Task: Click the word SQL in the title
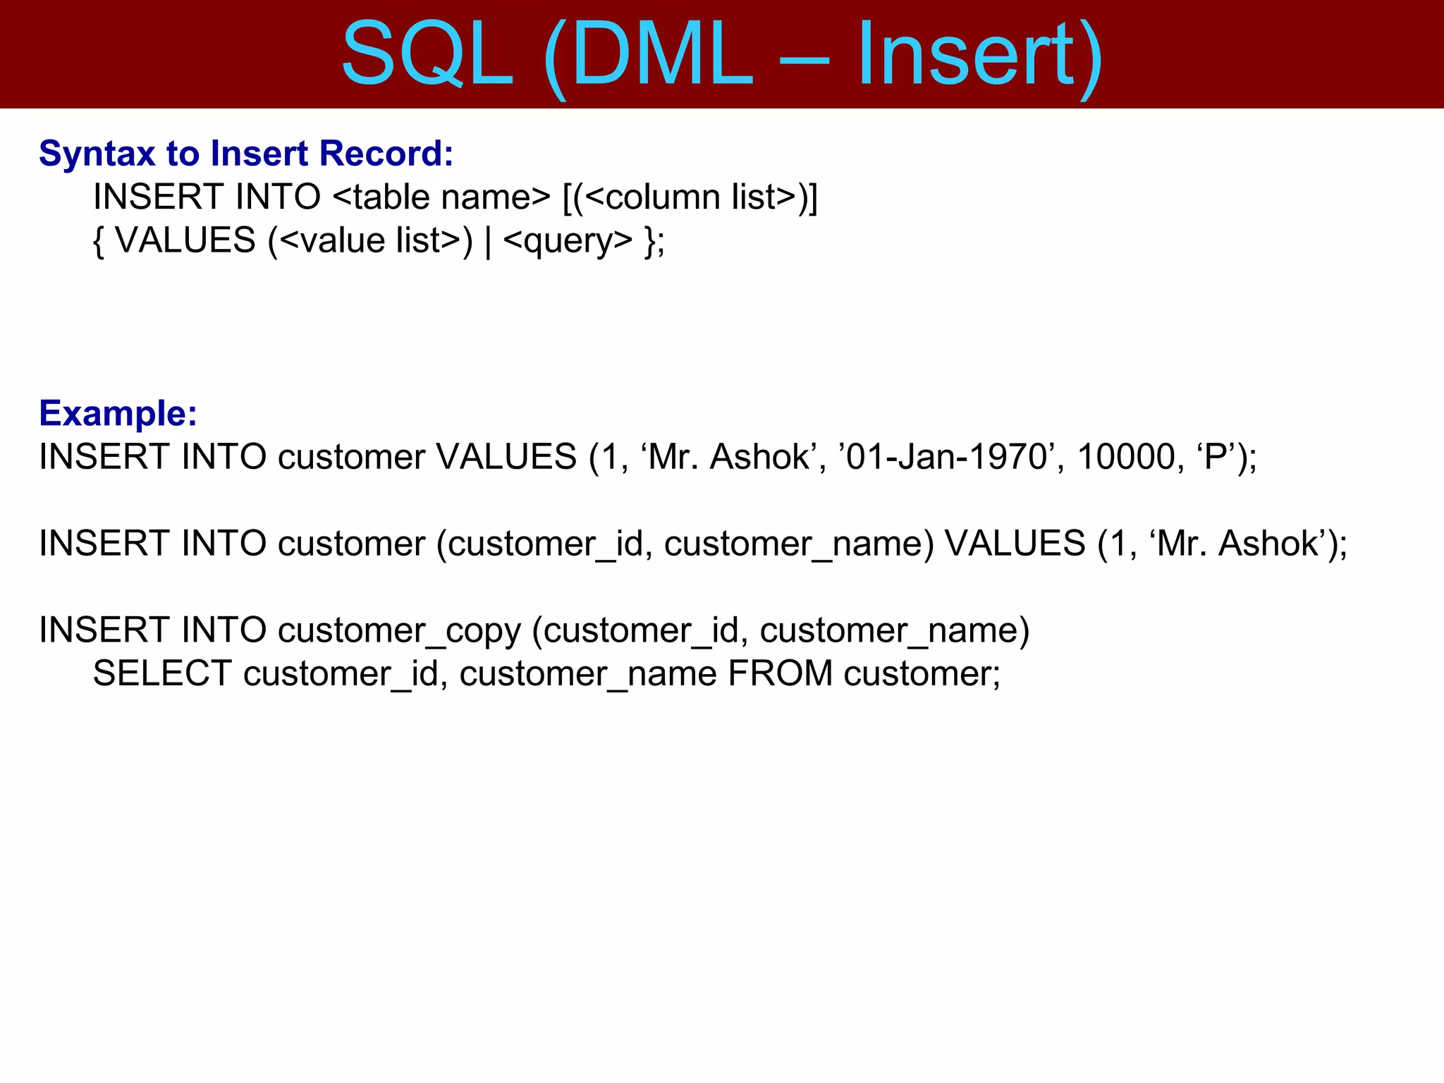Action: (x=427, y=55)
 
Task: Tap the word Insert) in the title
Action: (x=980, y=55)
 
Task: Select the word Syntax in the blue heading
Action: (x=97, y=154)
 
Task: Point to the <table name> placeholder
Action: (x=441, y=197)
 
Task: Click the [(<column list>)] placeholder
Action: (x=690, y=197)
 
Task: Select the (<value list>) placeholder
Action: (x=370, y=240)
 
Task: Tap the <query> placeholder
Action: (x=568, y=242)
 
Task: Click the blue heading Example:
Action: (x=118, y=413)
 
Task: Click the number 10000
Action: (x=1126, y=457)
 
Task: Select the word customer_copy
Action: (x=399, y=630)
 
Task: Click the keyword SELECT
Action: (x=162, y=673)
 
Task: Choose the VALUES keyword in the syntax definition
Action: (x=185, y=240)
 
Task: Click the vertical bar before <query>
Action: (x=488, y=242)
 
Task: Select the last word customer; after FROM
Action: (x=922, y=673)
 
